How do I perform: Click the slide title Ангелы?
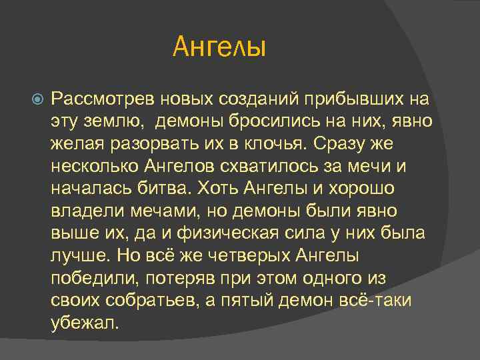coord(219,47)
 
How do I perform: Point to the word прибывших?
coord(352,100)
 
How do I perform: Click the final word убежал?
coord(84,323)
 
